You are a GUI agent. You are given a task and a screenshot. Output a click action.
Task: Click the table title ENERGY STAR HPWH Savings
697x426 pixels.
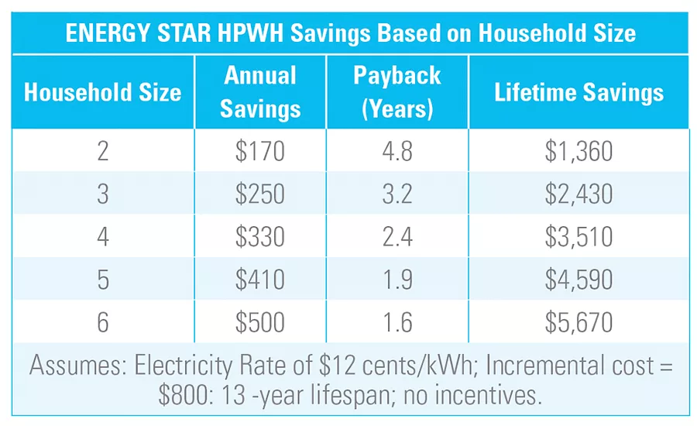pyautogui.click(x=350, y=33)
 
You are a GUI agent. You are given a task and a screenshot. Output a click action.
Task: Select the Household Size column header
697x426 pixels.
pyautogui.click(x=103, y=93)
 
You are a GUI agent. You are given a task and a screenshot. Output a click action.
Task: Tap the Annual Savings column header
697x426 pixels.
pyautogui.click(x=260, y=91)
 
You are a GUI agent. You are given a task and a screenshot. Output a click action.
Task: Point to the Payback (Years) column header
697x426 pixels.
pyautogui.click(x=397, y=91)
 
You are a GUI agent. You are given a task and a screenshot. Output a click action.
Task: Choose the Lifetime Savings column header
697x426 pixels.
pyautogui.click(x=579, y=93)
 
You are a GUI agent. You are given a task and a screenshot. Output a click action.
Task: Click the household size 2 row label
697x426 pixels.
pyautogui.click(x=103, y=151)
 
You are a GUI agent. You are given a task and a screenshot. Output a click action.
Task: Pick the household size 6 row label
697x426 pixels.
pyautogui.click(x=103, y=321)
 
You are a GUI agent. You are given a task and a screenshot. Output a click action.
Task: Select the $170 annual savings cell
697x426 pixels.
pyautogui.click(x=260, y=151)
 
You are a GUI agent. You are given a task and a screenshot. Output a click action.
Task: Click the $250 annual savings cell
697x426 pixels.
pyautogui.click(x=260, y=194)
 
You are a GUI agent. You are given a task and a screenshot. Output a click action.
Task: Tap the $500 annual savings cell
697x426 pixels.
pyautogui.click(x=260, y=321)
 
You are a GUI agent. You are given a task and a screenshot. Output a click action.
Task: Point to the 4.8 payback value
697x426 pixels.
pyautogui.click(x=397, y=151)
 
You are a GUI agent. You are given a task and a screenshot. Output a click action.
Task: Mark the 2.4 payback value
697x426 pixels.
pyautogui.click(x=397, y=236)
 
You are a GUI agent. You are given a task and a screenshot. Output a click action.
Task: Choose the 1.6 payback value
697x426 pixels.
pyautogui.click(x=397, y=321)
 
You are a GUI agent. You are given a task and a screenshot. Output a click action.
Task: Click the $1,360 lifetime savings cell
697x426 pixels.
pyautogui.click(x=579, y=151)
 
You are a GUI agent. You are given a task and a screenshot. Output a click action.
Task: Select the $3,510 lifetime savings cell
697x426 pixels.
pyautogui.click(x=579, y=236)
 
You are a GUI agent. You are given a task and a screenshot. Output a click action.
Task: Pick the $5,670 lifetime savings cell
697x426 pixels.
pyautogui.click(x=579, y=321)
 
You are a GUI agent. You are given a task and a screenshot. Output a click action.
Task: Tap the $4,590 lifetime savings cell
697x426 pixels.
pyautogui.click(x=579, y=279)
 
